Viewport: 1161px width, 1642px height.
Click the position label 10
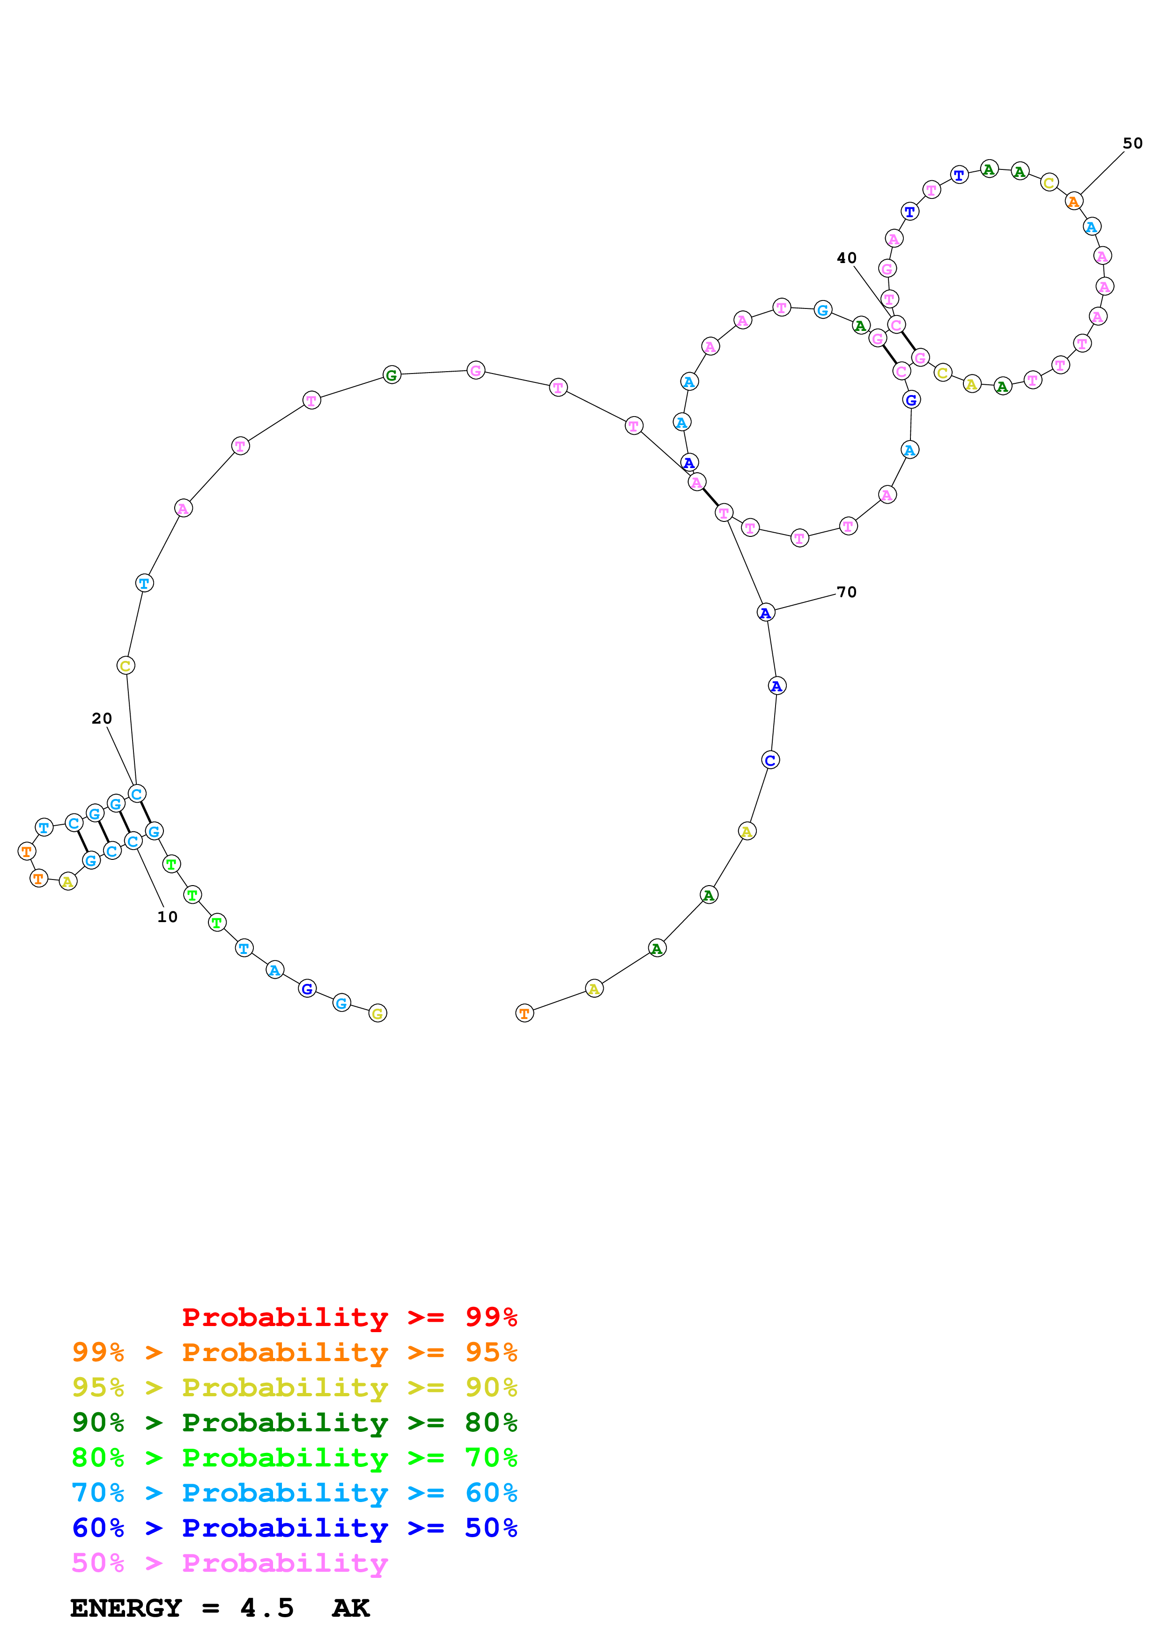tap(167, 917)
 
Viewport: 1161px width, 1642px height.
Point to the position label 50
tap(1132, 143)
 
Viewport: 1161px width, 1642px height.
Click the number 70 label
tap(846, 592)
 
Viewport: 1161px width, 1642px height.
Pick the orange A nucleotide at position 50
tap(1073, 202)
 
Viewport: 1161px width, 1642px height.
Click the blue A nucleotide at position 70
tap(765, 612)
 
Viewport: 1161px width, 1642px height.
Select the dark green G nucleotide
tap(391, 375)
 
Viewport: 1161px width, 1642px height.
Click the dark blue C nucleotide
tap(770, 760)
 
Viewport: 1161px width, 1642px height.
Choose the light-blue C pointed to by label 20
tap(137, 794)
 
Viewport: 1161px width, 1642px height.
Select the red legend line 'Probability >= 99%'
tap(349, 1317)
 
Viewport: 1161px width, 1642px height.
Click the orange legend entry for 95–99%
tap(294, 1352)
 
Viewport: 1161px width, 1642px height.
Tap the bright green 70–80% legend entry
tap(294, 1458)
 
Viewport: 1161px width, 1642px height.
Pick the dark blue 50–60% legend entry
tap(294, 1528)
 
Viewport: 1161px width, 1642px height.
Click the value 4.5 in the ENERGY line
tap(267, 1608)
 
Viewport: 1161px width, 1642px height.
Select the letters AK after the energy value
tap(350, 1608)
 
